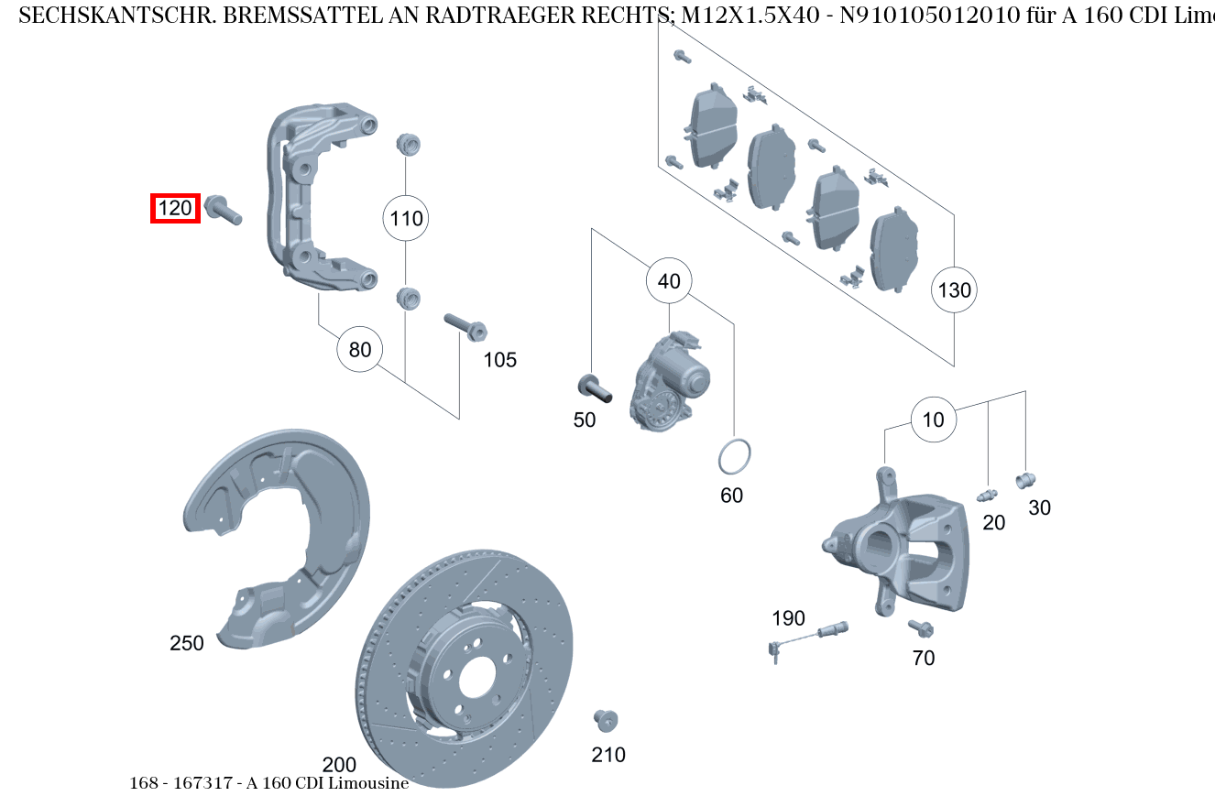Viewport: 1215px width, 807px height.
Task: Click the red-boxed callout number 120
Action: pyautogui.click(x=175, y=209)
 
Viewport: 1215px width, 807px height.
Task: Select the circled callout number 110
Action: pyautogui.click(x=406, y=218)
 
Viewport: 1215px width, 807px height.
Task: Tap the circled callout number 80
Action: pyautogui.click(x=360, y=349)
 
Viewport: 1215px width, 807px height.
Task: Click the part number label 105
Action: pyautogui.click(x=500, y=360)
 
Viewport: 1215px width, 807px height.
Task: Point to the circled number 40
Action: pyautogui.click(x=669, y=281)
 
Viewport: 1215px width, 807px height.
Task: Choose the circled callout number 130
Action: pyautogui.click(x=954, y=290)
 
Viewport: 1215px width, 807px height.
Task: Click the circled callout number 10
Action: pyautogui.click(x=933, y=420)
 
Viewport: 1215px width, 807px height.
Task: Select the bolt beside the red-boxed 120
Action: pyautogui.click(x=223, y=210)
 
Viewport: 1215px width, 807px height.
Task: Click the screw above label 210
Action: pyautogui.click(x=605, y=720)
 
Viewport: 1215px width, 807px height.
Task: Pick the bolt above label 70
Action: pyautogui.click(x=920, y=628)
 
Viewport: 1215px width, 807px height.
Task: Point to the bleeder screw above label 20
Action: pyautogui.click(x=987, y=496)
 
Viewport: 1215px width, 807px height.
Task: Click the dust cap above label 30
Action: pyautogui.click(x=1025, y=479)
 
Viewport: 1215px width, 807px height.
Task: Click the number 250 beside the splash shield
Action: pyautogui.click(x=187, y=644)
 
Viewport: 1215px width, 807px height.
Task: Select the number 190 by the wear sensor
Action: pyautogui.click(x=788, y=618)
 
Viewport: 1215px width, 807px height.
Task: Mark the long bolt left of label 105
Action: pyautogui.click(x=464, y=326)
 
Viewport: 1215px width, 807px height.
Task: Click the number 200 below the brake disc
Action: pyautogui.click(x=339, y=765)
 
